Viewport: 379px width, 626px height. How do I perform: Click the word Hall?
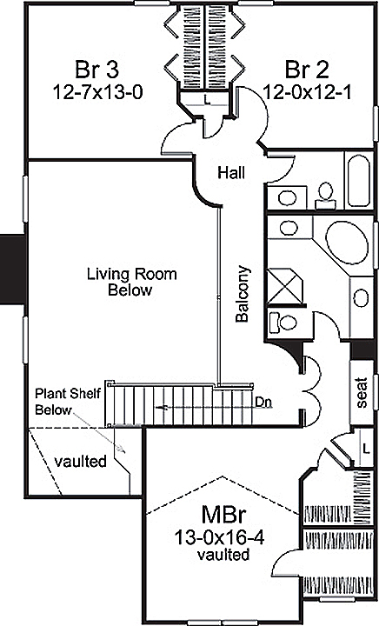(230, 173)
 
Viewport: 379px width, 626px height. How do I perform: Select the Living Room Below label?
(130, 282)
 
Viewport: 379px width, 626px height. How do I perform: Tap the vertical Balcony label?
(243, 294)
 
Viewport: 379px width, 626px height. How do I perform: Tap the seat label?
(362, 392)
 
